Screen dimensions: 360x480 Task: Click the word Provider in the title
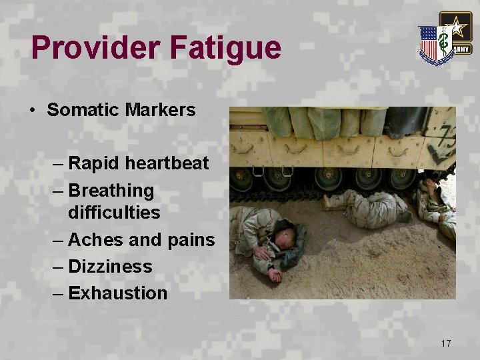tap(95, 49)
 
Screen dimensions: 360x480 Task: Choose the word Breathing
tap(111, 191)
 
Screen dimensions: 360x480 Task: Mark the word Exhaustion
tap(118, 293)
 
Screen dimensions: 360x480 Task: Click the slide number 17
tap(446, 343)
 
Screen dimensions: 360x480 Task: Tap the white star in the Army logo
tap(456, 29)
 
